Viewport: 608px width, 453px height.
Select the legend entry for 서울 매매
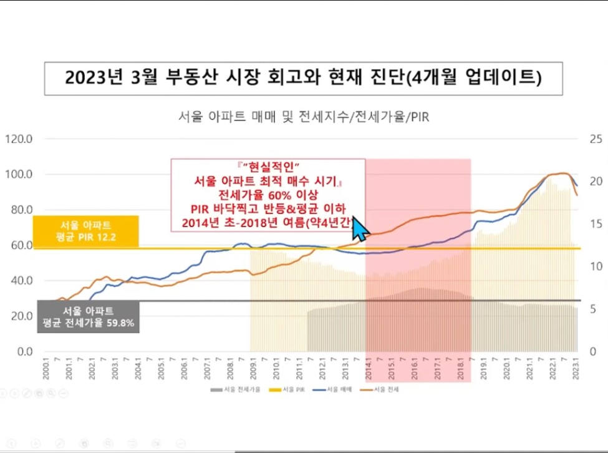[339, 389]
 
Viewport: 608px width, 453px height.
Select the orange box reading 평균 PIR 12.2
[86, 231]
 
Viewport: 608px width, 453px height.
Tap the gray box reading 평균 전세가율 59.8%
[87, 317]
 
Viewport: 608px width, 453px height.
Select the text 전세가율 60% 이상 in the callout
[268, 195]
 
